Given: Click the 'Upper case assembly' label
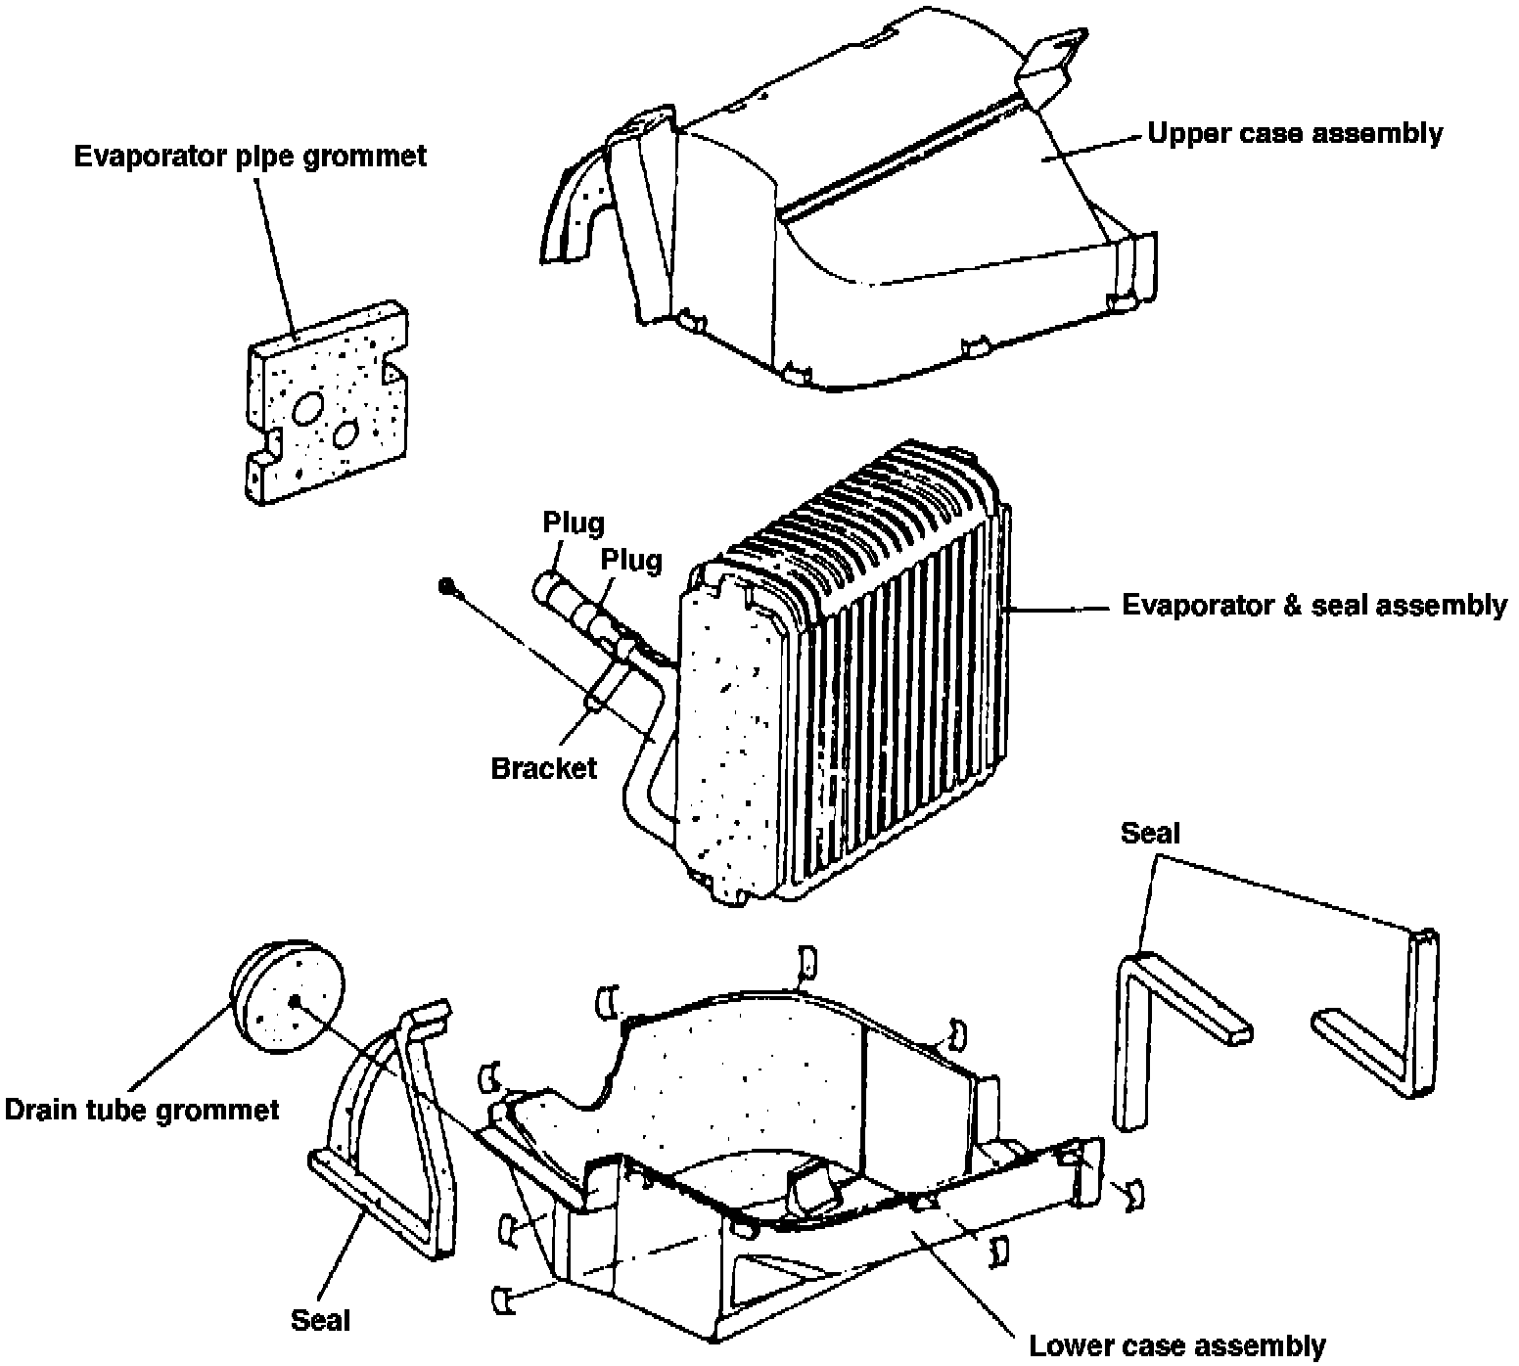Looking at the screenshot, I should tap(1294, 133).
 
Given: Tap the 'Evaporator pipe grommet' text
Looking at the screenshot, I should tap(251, 157).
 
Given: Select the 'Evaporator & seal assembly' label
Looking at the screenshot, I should tap(1313, 606).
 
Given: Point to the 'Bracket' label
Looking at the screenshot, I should tap(543, 767).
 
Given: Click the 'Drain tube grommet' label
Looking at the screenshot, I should tap(142, 1110).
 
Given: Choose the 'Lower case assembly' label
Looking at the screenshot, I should tap(1176, 1346).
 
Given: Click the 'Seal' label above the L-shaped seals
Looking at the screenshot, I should tap(1150, 834).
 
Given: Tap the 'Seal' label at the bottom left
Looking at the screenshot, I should tap(320, 1320).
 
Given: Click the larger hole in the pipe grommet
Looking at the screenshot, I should tap(308, 409).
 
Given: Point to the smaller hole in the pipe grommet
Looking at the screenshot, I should tap(345, 433).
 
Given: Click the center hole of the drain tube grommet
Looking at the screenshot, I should tap(295, 1000).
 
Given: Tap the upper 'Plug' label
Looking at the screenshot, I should tap(574, 523).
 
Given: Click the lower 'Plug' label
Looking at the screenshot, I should tap(631, 560).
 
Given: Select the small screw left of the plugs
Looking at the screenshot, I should tap(446, 586).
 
